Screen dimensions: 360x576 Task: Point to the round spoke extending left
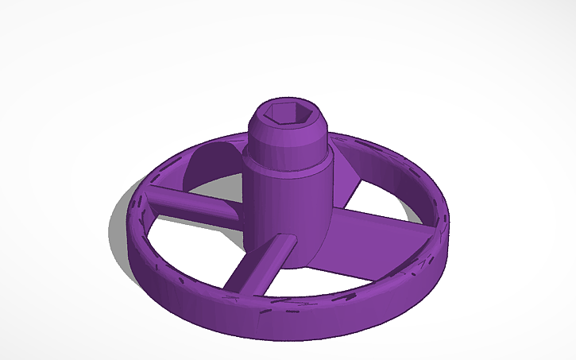point(191,204)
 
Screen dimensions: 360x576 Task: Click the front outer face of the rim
point(278,322)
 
